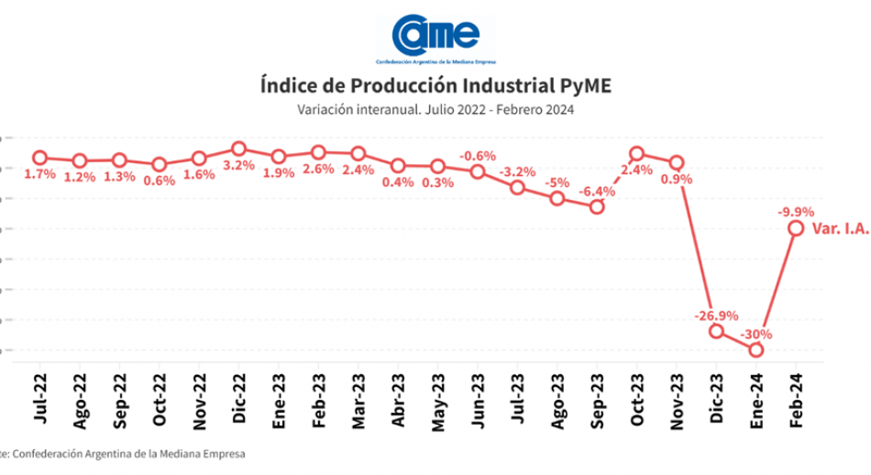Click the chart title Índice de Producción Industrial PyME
[435, 87]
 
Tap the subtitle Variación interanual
[435, 109]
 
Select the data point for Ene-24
[756, 349]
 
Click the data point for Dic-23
[716, 331]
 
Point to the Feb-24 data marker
[796, 228]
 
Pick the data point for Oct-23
[637, 154]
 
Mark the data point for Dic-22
[238, 149]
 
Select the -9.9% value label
[795, 212]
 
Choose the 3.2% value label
[239, 166]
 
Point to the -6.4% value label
[597, 191]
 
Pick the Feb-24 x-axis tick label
[796, 397]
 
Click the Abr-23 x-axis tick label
[398, 397]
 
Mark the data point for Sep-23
[597, 206]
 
